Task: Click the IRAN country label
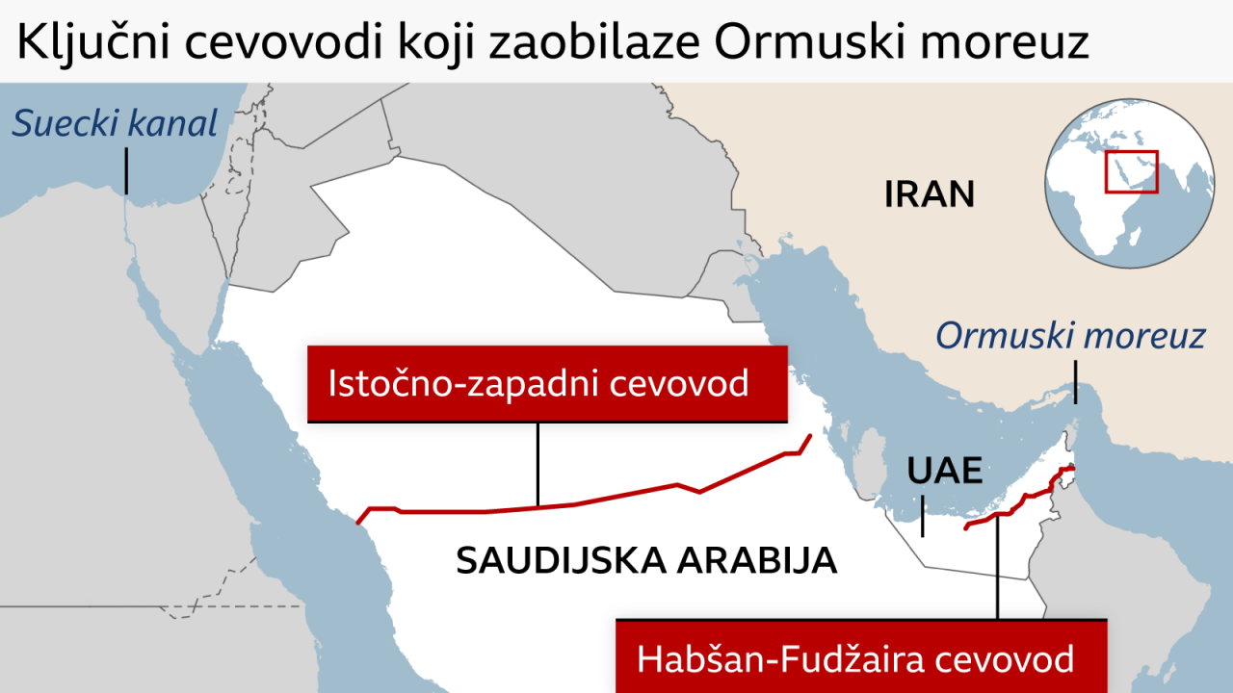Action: (x=930, y=194)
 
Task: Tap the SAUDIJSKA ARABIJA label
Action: (x=645, y=560)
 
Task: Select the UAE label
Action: (x=944, y=471)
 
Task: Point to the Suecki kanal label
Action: (x=116, y=123)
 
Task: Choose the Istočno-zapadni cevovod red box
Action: (x=547, y=384)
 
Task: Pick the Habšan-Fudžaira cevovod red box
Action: (x=860, y=658)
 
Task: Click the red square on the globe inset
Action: (x=1131, y=171)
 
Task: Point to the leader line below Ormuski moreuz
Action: (x=1075, y=382)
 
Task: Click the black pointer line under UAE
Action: (x=923, y=516)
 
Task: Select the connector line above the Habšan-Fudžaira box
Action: (x=998, y=568)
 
